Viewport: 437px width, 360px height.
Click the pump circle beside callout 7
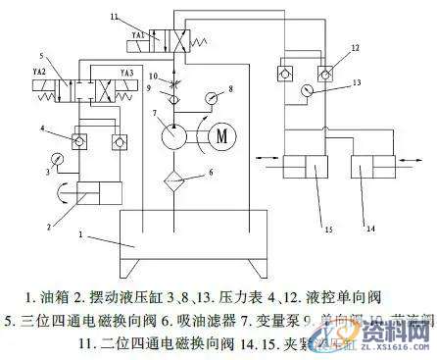tap(174, 134)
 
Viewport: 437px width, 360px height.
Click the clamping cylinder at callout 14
tap(364, 179)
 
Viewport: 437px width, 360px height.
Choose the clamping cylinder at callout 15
tap(311, 179)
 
